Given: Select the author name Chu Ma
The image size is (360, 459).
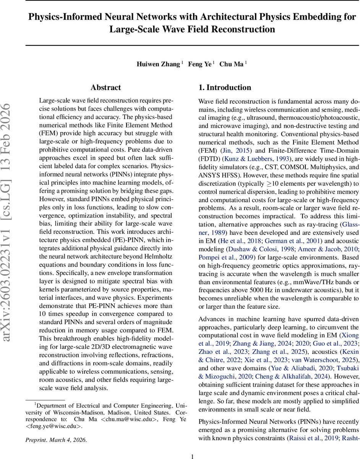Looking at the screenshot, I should coord(231,64).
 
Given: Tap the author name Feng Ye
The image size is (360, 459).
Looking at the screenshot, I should coord(199,64).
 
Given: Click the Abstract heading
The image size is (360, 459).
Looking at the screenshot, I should coord(106,88).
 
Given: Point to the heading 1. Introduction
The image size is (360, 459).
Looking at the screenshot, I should coord(225,88).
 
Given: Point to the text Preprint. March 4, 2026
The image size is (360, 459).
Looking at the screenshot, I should coord(57,440).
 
